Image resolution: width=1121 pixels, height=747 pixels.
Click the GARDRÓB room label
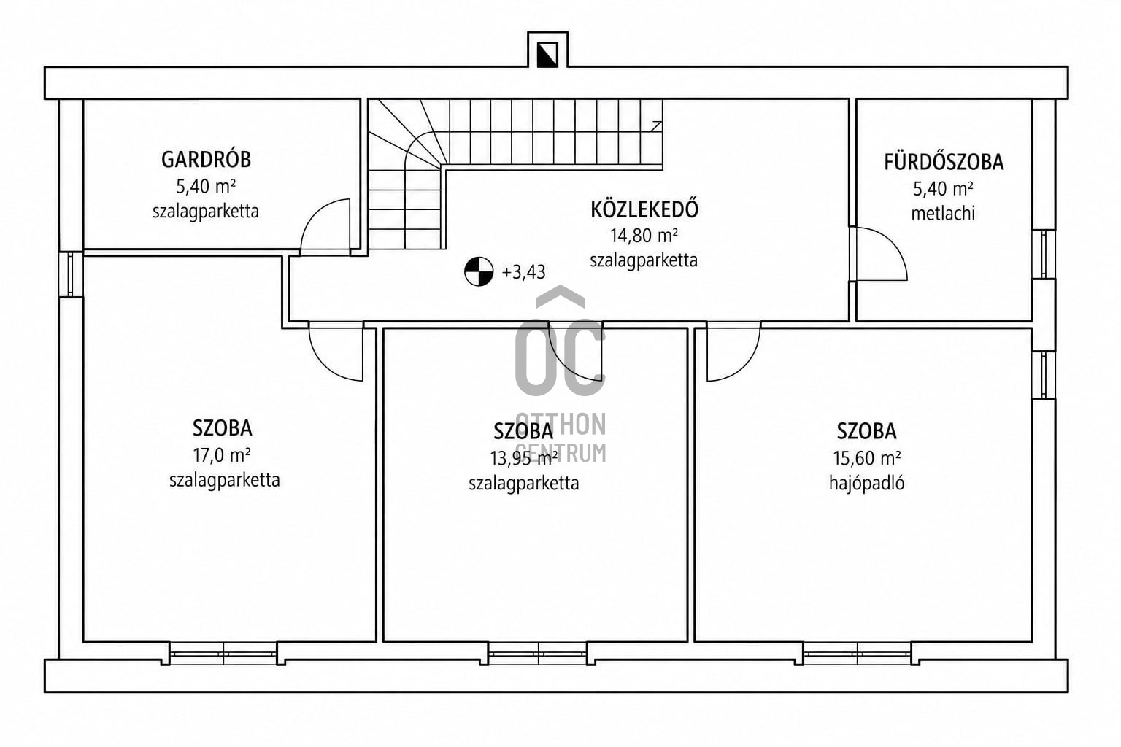(x=206, y=160)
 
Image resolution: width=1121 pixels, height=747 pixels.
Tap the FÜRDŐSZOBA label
(x=944, y=162)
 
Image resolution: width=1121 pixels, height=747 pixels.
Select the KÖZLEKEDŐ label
(x=644, y=209)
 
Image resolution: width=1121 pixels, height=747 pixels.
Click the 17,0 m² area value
(x=222, y=455)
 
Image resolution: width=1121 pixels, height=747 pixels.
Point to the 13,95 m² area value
(x=524, y=458)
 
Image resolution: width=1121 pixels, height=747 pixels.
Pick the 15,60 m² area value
(x=867, y=458)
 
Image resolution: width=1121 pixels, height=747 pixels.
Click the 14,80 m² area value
(x=644, y=235)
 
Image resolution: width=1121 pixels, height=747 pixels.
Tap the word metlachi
(x=943, y=214)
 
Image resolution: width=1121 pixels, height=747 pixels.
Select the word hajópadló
(x=867, y=484)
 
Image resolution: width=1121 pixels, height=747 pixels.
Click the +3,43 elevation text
(x=523, y=272)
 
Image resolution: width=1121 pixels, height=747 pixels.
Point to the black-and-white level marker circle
(x=479, y=271)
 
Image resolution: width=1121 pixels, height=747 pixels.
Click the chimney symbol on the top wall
(x=547, y=55)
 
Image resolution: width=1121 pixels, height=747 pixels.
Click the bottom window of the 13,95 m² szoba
(x=537, y=654)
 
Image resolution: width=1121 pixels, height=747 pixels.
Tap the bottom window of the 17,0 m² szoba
(x=223, y=654)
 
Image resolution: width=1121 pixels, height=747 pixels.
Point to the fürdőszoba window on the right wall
(x=1044, y=254)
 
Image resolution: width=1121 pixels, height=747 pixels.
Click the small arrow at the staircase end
(x=656, y=126)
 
